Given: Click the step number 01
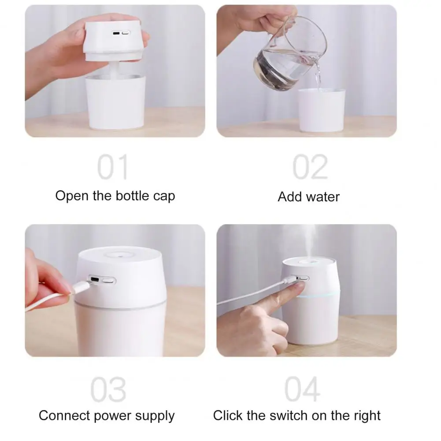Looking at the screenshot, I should pos(113,167).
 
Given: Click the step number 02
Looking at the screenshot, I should pos(310,167).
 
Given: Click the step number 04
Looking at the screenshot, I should pos(302,389).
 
